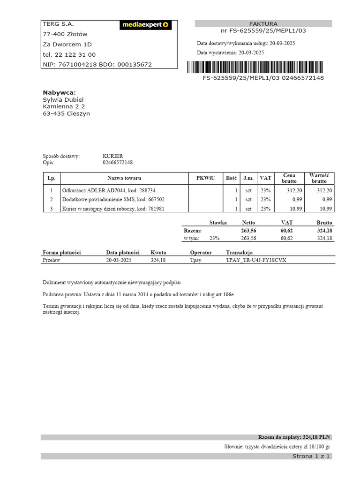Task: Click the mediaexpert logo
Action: point(145,25)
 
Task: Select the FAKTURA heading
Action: point(263,23)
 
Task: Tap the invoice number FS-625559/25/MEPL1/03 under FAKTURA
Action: point(263,31)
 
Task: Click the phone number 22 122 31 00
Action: point(75,54)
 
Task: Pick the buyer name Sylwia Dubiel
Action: point(63,99)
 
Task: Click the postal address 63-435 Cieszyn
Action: point(66,113)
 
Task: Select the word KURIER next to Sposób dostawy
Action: point(112,156)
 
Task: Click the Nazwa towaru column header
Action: point(124,178)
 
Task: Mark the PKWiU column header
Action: point(205,178)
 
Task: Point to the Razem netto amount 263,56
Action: point(248,231)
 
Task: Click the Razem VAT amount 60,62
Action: point(286,231)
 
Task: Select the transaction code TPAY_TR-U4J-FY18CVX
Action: point(256,260)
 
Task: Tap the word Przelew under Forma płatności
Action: point(52,260)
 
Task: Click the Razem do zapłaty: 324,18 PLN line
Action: point(294,437)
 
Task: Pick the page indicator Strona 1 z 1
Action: point(311,456)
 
